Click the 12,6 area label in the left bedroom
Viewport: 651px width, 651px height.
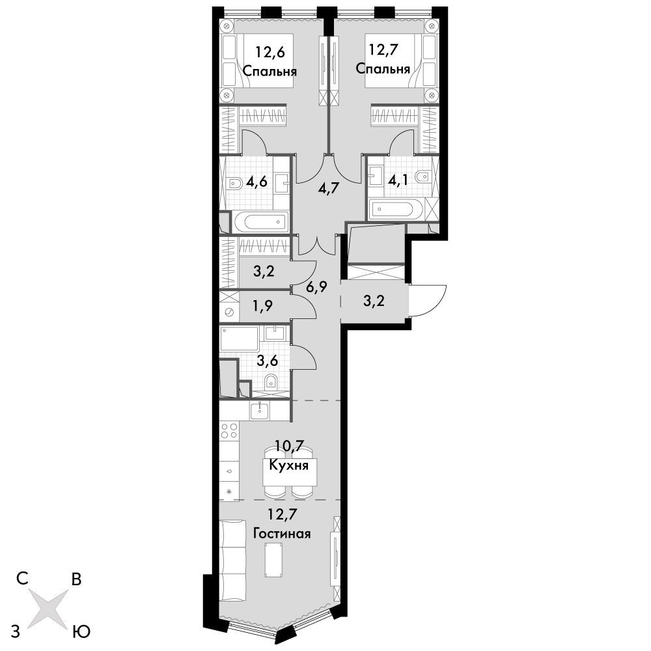click(270, 53)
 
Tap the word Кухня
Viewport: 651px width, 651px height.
click(289, 465)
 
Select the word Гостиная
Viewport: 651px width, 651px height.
click(283, 533)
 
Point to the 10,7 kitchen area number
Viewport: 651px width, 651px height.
click(290, 447)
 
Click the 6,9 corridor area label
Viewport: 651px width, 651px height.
click(317, 286)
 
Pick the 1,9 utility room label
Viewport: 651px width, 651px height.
click(262, 307)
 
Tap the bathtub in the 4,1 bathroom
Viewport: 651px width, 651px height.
click(396, 209)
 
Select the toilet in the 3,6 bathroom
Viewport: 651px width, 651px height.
click(271, 380)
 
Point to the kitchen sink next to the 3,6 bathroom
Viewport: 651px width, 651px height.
click(260, 411)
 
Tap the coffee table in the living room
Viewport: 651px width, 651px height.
click(275, 560)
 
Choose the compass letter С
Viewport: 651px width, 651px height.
click(22, 578)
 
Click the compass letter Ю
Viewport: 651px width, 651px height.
click(82, 631)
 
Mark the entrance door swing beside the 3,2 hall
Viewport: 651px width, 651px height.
click(428, 301)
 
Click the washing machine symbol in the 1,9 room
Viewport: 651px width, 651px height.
click(229, 312)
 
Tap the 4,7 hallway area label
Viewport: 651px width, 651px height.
click(329, 189)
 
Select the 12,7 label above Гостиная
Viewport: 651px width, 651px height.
click(283, 514)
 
